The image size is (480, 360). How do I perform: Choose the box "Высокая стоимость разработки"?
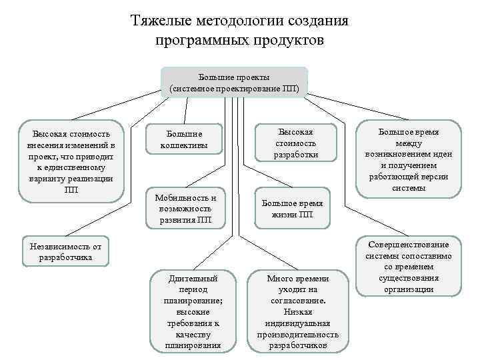pyautogui.click(x=295, y=143)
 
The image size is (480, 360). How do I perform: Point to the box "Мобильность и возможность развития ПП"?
pyautogui.click(x=185, y=209)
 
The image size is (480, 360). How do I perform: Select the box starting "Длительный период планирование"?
pyautogui.click(x=193, y=311)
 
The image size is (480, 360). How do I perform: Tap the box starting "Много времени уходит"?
pyautogui.click(x=297, y=311)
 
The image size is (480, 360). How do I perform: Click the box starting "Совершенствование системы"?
pyautogui.click(x=408, y=266)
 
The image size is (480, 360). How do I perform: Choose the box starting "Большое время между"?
pyautogui.click(x=408, y=159)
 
